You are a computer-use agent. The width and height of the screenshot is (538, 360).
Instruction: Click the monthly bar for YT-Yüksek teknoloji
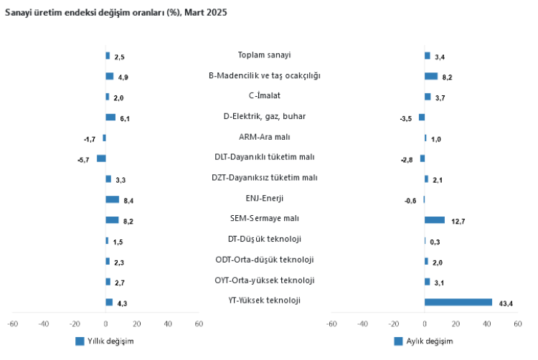458,303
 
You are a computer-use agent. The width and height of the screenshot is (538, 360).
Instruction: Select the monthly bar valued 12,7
434,220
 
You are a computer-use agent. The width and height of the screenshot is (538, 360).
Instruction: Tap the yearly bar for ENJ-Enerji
112,199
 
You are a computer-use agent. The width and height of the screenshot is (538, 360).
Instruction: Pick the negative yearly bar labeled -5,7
101,158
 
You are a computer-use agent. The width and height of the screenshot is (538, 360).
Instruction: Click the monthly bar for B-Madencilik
430,76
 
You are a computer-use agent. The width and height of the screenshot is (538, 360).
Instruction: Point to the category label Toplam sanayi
264,55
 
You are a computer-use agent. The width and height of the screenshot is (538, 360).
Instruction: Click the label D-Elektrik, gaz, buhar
264,116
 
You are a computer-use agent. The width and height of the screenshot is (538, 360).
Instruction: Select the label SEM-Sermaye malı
264,219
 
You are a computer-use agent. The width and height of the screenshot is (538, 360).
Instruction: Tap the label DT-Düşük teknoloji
264,239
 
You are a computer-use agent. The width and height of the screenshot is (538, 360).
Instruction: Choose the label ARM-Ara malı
264,136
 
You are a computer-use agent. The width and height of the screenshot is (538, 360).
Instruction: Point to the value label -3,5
405,118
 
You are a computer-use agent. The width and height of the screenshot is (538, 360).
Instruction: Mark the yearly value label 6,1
124,118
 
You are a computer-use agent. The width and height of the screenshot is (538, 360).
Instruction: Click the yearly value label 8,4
128,201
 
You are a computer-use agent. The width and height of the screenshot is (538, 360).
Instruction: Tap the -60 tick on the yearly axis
12,324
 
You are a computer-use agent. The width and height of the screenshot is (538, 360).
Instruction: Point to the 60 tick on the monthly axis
517,324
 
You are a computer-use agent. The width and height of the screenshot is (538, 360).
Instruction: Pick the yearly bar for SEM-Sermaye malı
112,220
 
